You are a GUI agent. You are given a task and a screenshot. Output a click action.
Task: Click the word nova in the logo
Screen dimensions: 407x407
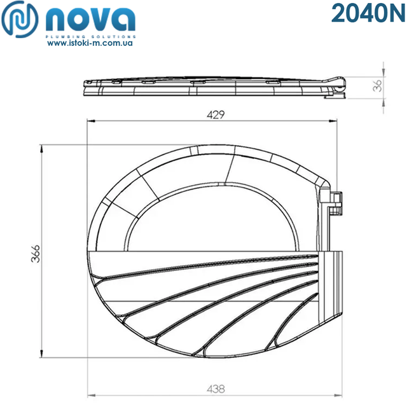click(90, 21)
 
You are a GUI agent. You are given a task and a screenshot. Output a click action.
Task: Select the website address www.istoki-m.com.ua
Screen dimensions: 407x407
click(90, 46)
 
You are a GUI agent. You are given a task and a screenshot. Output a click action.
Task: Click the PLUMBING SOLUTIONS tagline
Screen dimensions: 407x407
click(90, 38)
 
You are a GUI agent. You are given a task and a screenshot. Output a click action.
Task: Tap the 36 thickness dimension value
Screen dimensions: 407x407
click(379, 86)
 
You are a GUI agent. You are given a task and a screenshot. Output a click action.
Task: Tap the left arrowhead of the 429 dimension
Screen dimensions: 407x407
click(89, 121)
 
